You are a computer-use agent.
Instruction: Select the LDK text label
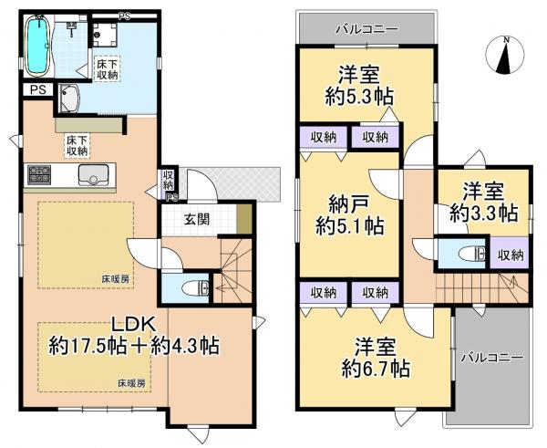137,323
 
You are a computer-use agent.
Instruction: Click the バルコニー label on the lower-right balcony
492,357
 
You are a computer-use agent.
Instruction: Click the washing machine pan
72,97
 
